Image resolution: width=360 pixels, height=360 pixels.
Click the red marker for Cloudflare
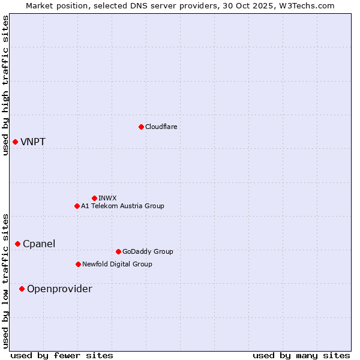coord(141,127)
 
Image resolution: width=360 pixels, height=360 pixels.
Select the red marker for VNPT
coord(15,142)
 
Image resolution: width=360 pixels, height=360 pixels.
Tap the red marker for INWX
coord(94,198)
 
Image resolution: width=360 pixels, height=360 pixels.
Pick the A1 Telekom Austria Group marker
coord(77,206)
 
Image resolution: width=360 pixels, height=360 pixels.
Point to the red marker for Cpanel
coord(17,244)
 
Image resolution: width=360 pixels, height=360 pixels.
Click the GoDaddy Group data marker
coord(118,251)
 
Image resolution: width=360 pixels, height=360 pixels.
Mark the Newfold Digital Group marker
coord(78,264)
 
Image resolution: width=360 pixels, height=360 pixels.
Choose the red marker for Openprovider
coord(22,289)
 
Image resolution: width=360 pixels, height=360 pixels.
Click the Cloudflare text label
coord(161,127)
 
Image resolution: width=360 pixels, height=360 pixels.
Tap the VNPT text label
coord(33,142)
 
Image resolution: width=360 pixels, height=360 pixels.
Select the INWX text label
coord(107,198)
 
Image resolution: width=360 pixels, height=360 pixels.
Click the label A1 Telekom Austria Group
coord(122,206)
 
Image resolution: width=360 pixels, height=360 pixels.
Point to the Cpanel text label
coord(39,244)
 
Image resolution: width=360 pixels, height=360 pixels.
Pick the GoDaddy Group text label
coord(148,251)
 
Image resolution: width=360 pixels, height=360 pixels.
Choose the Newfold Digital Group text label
coord(117,264)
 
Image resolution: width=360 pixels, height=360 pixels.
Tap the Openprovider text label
coord(59,289)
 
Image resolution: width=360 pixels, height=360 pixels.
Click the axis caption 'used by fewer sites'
coord(62,355)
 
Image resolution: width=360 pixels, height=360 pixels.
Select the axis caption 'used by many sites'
coord(301,355)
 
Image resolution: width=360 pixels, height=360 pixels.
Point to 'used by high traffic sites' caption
coord(5,85)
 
